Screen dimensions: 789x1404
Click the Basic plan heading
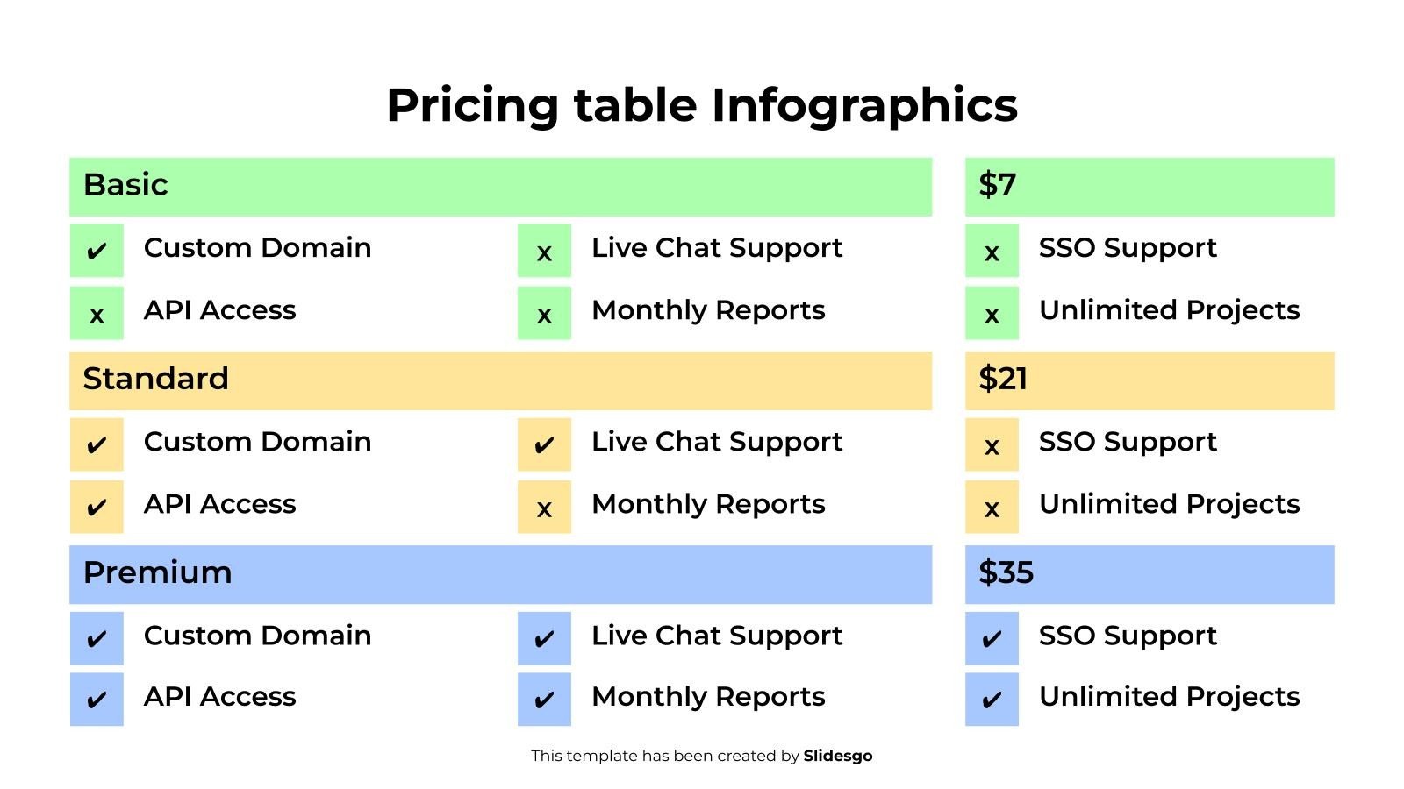[125, 185]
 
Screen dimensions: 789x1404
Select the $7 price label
[998, 185]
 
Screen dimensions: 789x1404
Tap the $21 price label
[1003, 379]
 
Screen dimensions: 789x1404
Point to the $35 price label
[1006, 572]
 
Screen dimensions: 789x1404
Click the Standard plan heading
[155, 379]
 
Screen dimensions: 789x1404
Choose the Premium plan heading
[157, 572]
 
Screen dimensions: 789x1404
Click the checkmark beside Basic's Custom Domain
[97, 251]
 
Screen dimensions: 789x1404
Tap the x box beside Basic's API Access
[97, 313]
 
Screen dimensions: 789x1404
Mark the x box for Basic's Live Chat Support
[544, 251]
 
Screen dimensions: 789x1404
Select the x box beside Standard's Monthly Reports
[544, 507]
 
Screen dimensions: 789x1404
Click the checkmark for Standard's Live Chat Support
[544, 444]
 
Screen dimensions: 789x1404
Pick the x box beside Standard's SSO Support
[992, 444]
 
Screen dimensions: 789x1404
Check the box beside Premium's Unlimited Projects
[992, 700]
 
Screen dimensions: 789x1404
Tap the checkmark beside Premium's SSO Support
[992, 638]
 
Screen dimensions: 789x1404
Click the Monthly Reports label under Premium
[708, 697]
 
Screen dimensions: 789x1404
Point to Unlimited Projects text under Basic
[1169, 310]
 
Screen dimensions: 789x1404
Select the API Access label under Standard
[219, 504]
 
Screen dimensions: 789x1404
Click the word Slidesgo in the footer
[837, 756]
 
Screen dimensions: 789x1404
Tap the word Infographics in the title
[863, 105]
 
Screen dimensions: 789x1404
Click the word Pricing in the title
[472, 105]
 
